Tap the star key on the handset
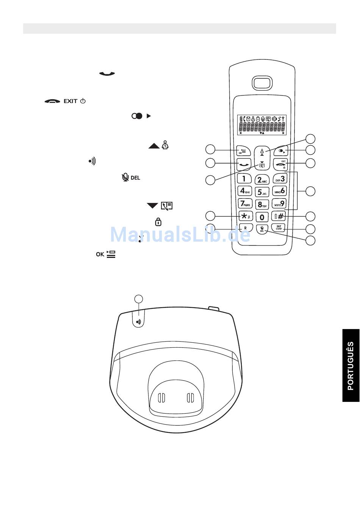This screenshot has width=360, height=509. point(245,216)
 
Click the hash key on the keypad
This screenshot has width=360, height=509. point(279,216)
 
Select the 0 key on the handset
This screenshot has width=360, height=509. point(262,217)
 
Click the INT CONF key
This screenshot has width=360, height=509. point(279,228)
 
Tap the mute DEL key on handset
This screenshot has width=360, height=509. point(262,229)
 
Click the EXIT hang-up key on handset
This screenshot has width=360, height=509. point(280,164)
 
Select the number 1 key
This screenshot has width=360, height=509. point(244,178)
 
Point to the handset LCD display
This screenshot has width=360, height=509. point(262,124)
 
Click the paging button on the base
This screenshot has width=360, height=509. point(139,322)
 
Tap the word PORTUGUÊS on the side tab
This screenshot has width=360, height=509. point(351,365)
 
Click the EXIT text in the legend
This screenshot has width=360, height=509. point(70,101)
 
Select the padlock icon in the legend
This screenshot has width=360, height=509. point(158,222)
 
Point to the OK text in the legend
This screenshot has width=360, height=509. point(100,254)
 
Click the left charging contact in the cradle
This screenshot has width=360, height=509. point(161,398)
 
